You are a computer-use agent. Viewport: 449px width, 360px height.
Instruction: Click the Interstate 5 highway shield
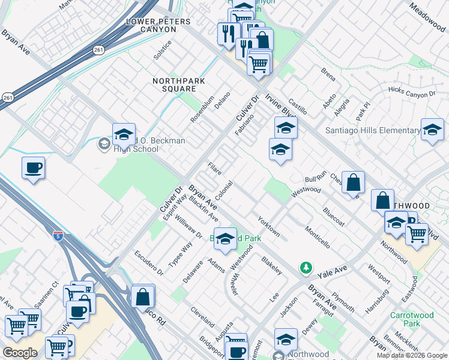pos(58,235)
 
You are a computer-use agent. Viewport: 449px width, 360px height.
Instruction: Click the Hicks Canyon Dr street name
pos(412,93)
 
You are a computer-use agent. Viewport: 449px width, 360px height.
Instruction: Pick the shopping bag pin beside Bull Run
pos(354,182)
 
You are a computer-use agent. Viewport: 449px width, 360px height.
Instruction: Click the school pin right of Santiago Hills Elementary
pos(432,129)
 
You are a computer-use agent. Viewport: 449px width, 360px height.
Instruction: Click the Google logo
pos(20,353)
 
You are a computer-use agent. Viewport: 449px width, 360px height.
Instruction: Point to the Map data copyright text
pos(412,355)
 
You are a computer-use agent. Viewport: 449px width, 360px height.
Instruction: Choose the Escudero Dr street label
pos(149,262)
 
